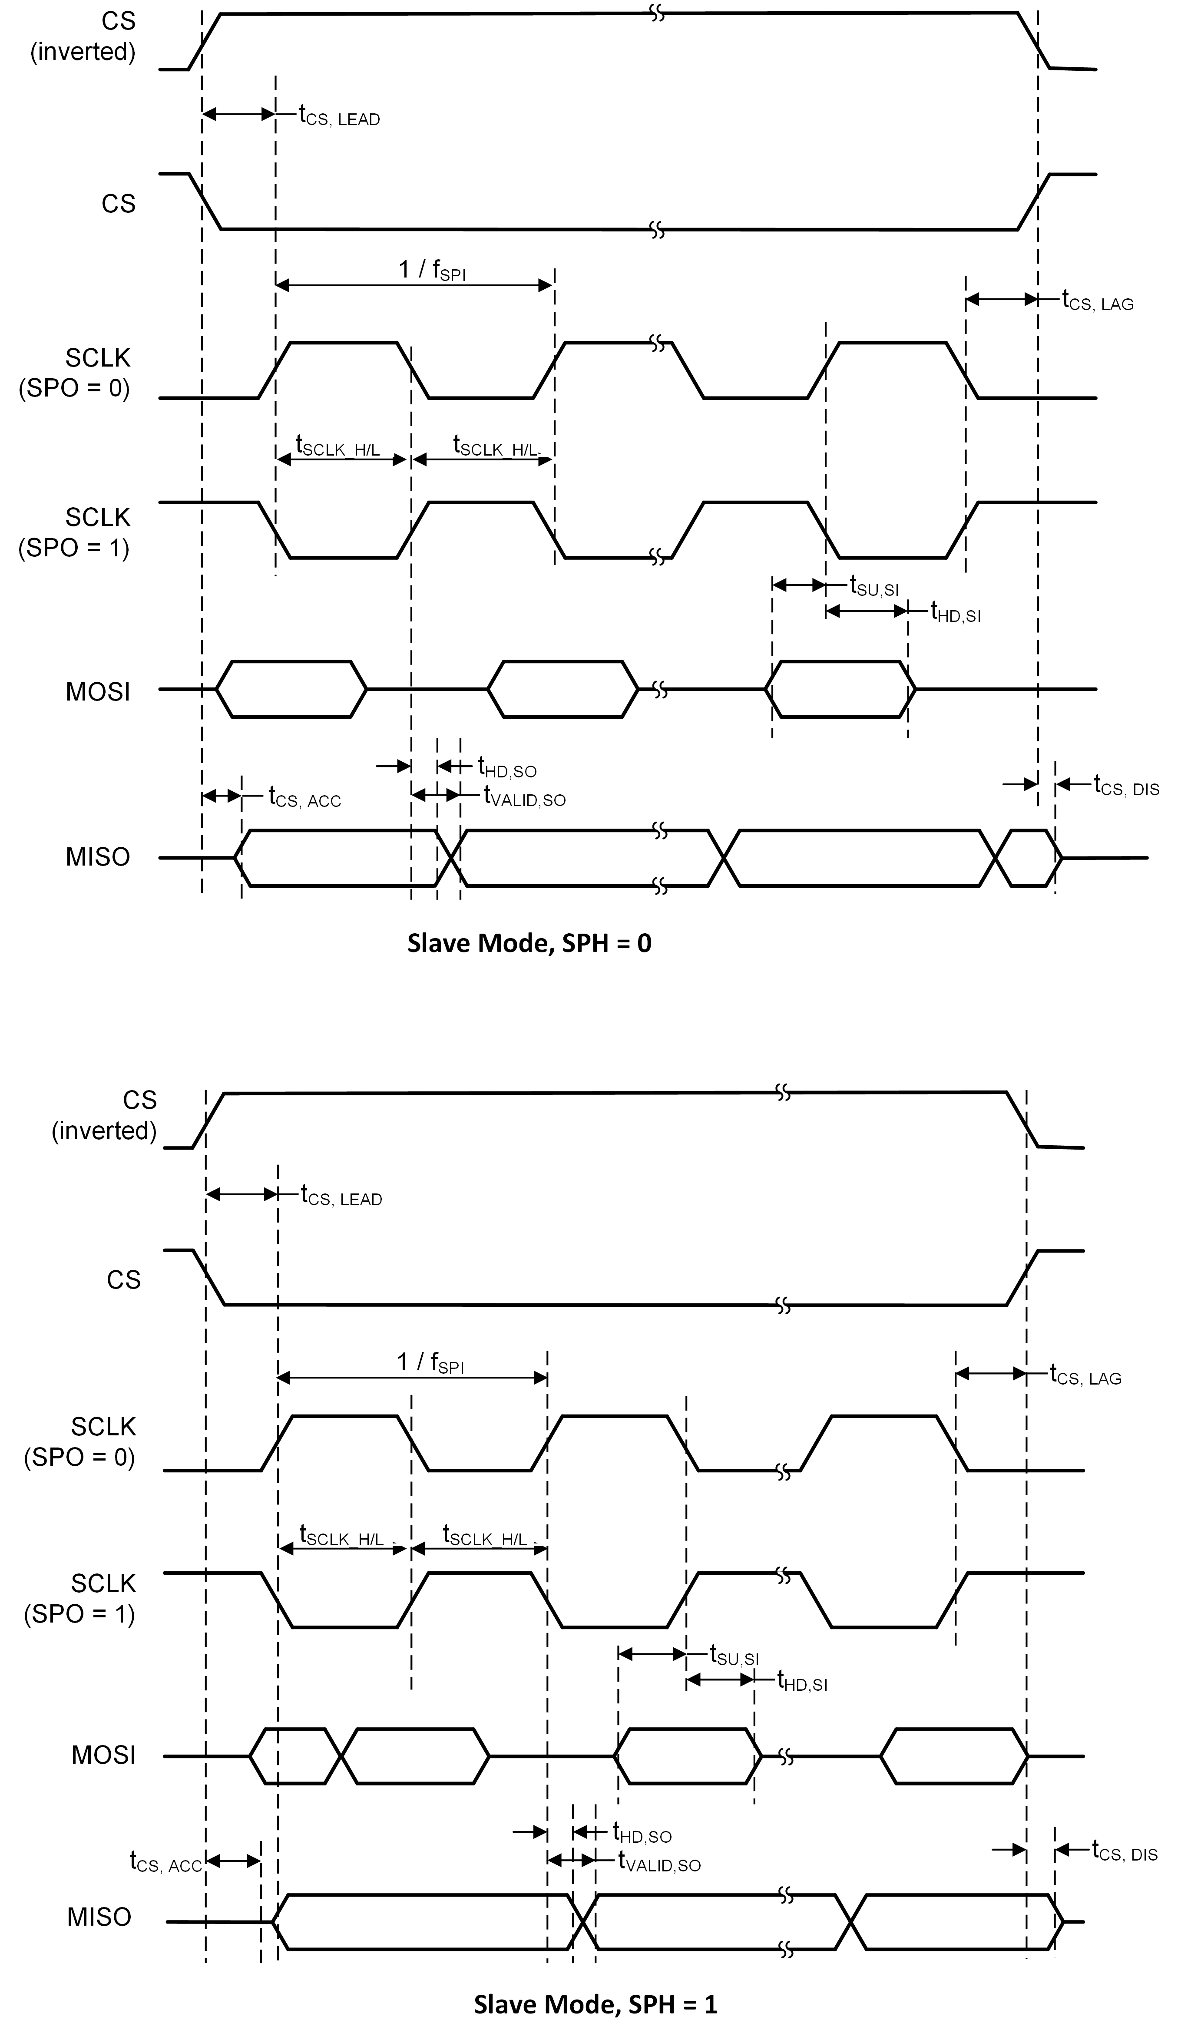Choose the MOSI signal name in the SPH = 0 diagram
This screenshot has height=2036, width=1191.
pos(98,691)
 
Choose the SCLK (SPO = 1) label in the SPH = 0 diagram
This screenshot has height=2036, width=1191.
pos(74,532)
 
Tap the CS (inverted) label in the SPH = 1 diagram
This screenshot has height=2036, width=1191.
pos(104,1115)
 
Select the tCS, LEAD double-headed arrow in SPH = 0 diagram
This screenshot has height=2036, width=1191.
pos(238,114)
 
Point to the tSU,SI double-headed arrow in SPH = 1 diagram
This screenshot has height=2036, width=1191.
pos(651,1654)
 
